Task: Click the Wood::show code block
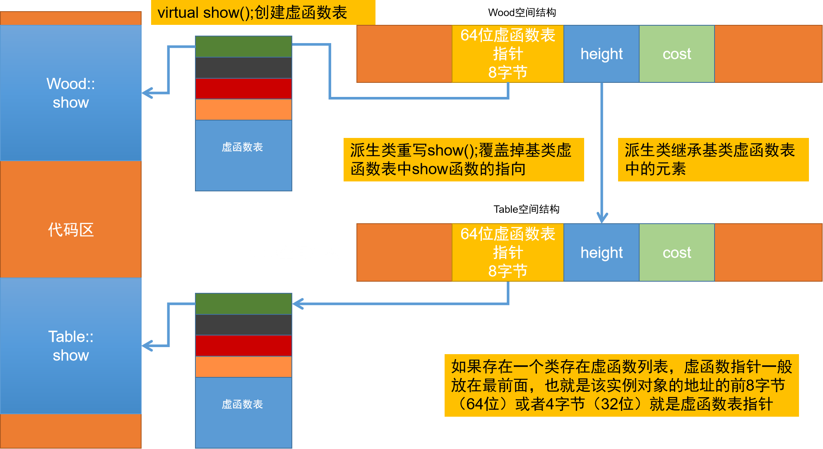(x=70, y=93)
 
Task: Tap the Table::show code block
(x=70, y=345)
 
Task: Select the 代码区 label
(x=70, y=229)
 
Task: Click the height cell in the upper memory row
(x=601, y=54)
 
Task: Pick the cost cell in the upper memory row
(x=677, y=54)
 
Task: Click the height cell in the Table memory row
(x=601, y=253)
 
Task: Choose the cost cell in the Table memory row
(x=677, y=253)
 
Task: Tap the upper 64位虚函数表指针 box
(x=508, y=54)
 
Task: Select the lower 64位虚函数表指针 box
(x=508, y=253)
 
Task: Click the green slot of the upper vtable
(x=243, y=46)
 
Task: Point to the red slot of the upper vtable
(x=243, y=89)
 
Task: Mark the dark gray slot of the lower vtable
(x=243, y=325)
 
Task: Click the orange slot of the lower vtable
(x=243, y=367)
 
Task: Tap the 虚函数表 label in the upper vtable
(x=243, y=147)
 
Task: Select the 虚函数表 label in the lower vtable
(x=243, y=404)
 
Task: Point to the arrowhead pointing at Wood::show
(x=147, y=93)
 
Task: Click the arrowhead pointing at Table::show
(x=147, y=345)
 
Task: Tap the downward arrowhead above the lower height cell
(x=602, y=218)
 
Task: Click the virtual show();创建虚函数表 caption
(x=253, y=13)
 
